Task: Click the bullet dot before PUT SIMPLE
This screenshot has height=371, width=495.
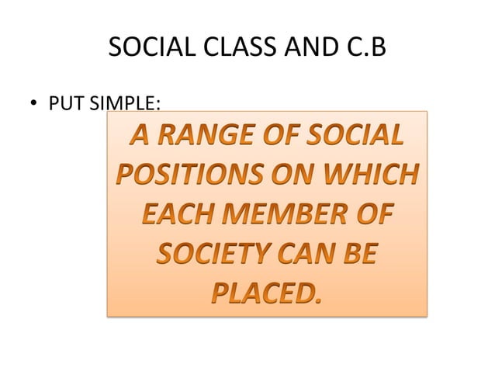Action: tap(33, 103)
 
